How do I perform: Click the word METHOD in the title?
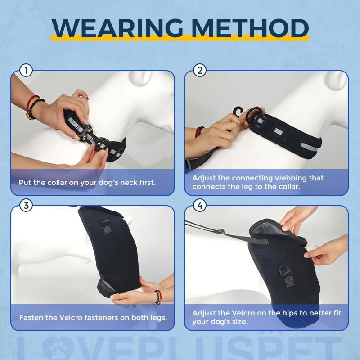[250, 28]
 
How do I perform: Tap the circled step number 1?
[26, 71]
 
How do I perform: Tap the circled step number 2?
[200, 71]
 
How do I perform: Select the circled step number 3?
[26, 205]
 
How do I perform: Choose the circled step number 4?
[200, 205]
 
